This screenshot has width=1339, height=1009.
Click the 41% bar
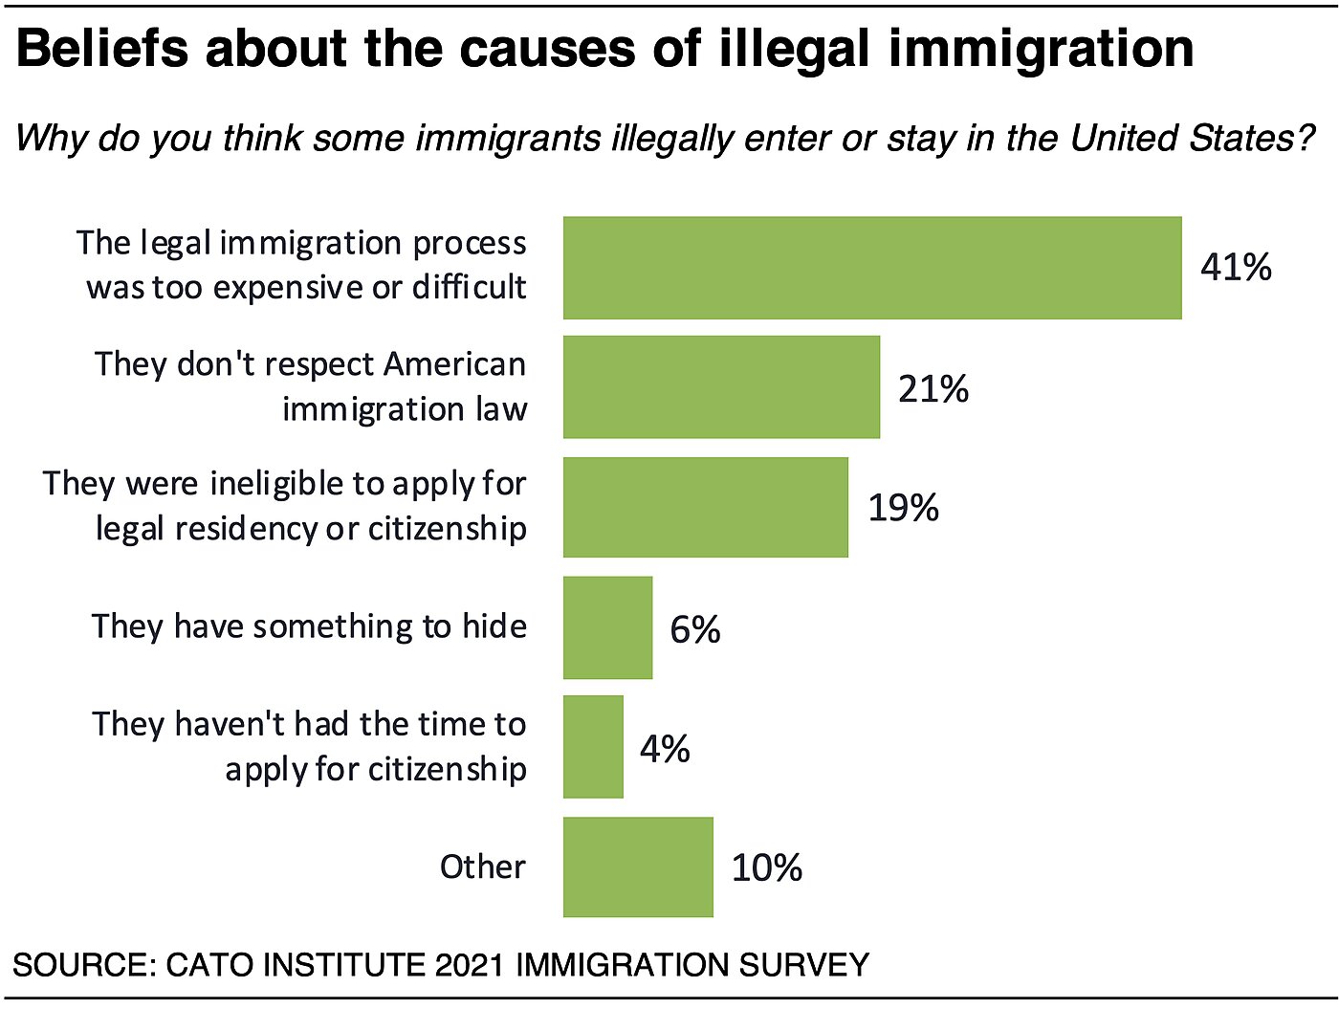(872, 268)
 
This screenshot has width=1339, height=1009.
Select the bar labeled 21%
(721, 387)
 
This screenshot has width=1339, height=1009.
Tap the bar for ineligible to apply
(705, 507)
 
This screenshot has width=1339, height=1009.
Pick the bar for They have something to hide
(607, 627)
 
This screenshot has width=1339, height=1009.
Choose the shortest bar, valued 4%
(593, 747)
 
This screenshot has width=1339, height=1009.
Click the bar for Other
(638, 866)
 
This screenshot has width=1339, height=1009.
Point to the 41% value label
(1236, 267)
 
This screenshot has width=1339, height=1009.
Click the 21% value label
(933, 389)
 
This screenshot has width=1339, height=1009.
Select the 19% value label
(903, 508)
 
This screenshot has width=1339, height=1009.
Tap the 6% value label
(695, 629)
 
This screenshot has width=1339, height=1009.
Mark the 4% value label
(665, 749)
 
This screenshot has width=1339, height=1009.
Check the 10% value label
(766, 868)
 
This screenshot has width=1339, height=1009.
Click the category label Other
(482, 866)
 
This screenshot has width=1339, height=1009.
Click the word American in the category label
(455, 364)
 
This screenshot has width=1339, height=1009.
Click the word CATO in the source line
(209, 964)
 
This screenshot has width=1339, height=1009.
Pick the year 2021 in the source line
(469, 964)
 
